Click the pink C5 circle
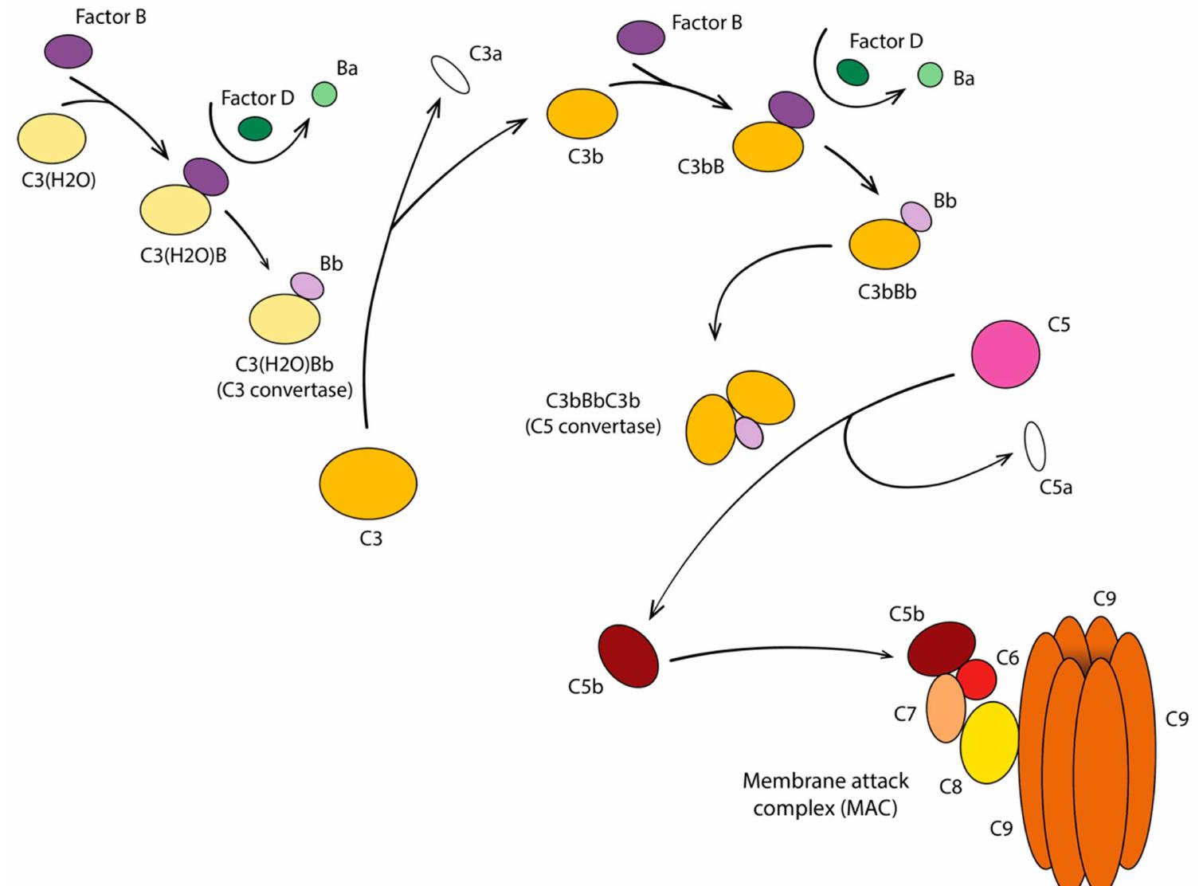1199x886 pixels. tap(1005, 354)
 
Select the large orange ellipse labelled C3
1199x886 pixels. tap(368, 483)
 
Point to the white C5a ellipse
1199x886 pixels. tap(1034, 446)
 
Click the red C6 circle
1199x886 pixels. tap(977, 679)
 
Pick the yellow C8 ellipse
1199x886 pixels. tap(989, 742)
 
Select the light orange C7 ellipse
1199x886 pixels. tap(946, 708)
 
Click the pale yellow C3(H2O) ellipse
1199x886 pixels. tap(52, 139)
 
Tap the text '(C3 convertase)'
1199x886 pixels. tap(284, 390)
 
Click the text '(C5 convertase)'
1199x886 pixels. tap(593, 426)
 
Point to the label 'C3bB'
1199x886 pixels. tap(701, 167)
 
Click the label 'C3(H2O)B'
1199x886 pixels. tap(183, 256)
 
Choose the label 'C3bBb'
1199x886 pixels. tap(887, 292)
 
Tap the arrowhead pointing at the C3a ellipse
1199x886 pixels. tap(436, 106)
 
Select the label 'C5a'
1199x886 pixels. tap(1056, 487)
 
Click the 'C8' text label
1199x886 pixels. tap(950, 787)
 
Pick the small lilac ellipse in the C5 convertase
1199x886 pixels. tap(749, 433)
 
